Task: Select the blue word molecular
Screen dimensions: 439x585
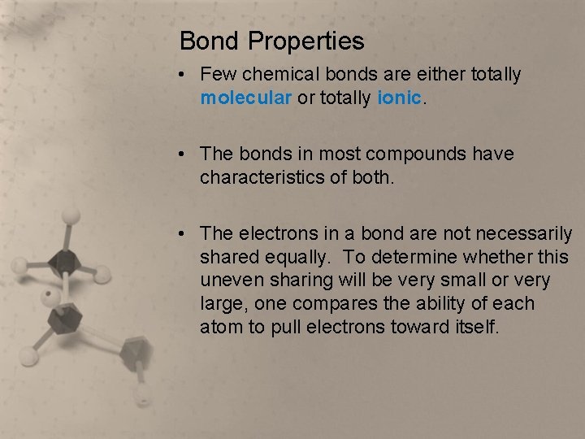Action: [245, 98]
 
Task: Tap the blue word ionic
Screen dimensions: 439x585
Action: [400, 98]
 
